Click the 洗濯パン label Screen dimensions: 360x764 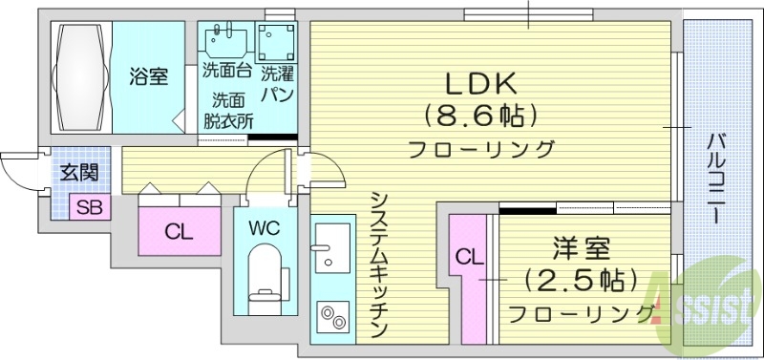pos(278,82)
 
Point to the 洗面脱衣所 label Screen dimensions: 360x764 pos(229,110)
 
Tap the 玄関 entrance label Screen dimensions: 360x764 pos(78,173)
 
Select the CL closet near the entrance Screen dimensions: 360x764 pos(177,232)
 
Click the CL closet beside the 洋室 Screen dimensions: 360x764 pos(467,257)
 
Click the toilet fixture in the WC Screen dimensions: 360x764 pos(264,273)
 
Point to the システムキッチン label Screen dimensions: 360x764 pos(379,263)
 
